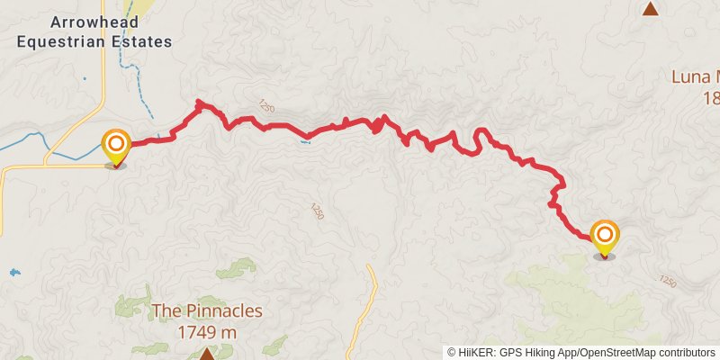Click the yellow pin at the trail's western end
pos(116,146)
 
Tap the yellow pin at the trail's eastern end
pos(604,236)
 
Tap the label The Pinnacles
pos(207,311)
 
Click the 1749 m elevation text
pos(208,330)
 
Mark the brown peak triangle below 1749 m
pos(207,354)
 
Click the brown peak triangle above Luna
pos(650,9)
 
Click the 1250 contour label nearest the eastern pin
pos(667,281)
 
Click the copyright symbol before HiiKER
pos(452,352)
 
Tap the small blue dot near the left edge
pos(13,272)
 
